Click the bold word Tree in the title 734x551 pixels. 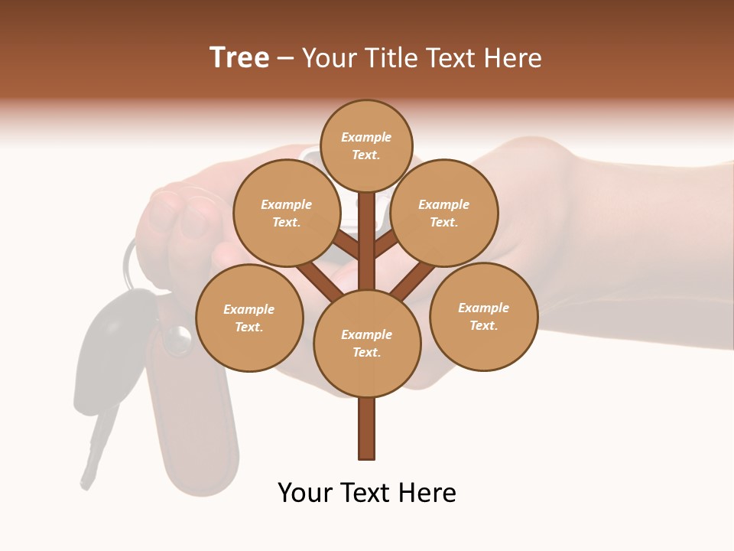[x=239, y=58]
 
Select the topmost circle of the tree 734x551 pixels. [x=366, y=145]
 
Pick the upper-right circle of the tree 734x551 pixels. [x=444, y=213]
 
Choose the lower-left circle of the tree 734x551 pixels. [x=249, y=318]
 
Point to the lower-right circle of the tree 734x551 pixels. [x=484, y=316]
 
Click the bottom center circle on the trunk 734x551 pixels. [x=367, y=343]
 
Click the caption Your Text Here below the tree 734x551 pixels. [x=367, y=493]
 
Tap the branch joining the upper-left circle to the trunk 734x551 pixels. [x=346, y=246]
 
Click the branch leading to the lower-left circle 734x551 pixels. [x=320, y=281]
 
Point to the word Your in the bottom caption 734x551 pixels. [x=304, y=493]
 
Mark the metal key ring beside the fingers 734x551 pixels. [x=127, y=260]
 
